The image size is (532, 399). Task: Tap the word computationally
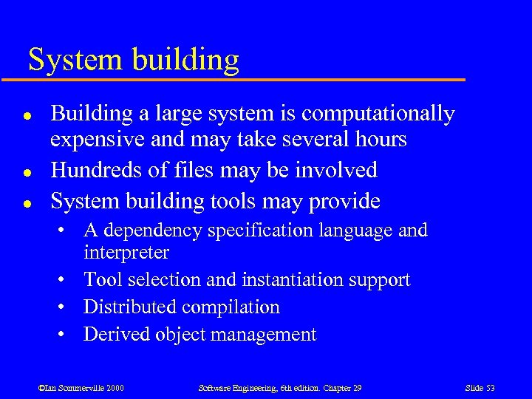pyautogui.click(x=378, y=114)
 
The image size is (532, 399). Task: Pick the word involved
pyautogui.click(x=342, y=170)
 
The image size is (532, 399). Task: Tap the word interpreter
pyautogui.click(x=126, y=253)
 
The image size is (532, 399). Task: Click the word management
pyautogui.click(x=264, y=335)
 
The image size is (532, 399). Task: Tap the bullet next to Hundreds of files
pyautogui.click(x=26, y=171)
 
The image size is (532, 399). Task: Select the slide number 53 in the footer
pyautogui.click(x=489, y=389)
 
